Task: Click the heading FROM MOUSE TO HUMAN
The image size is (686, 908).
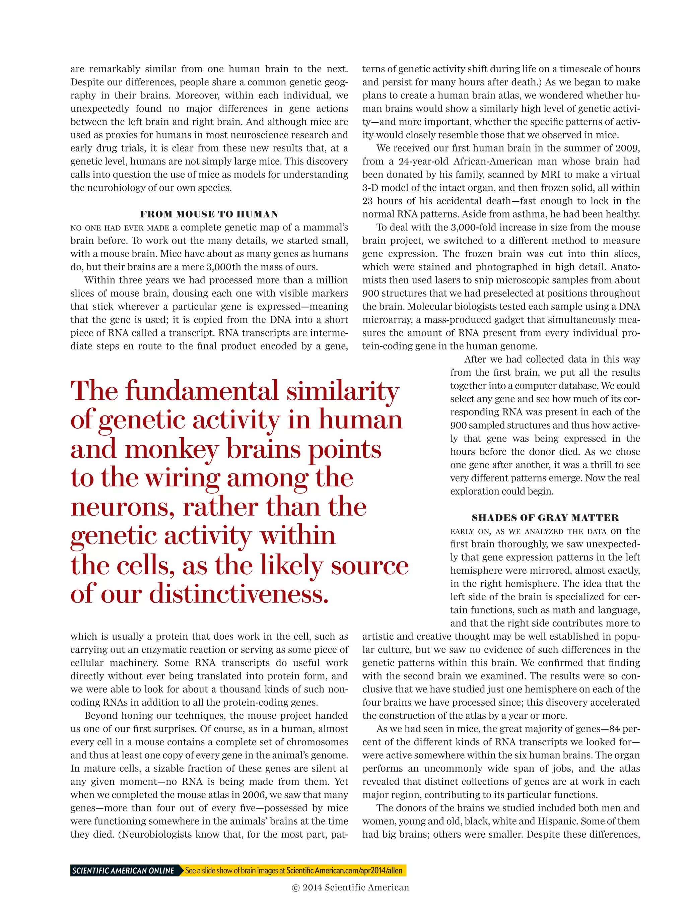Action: pyautogui.click(x=209, y=214)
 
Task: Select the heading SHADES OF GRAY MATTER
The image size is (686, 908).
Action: pyautogui.click(x=545, y=518)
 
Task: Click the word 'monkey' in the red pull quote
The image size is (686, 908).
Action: pyautogui.click(x=171, y=450)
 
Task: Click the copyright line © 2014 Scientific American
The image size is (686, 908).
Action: pyautogui.click(x=350, y=888)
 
